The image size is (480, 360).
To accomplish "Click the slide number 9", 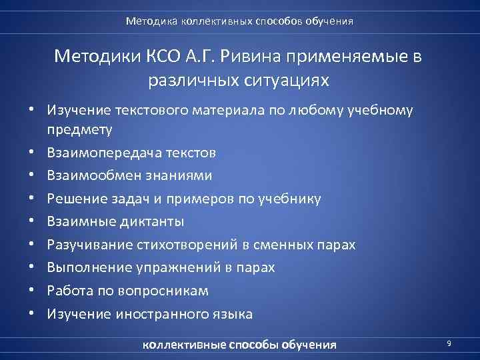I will click(x=449, y=343).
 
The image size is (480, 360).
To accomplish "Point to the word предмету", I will click(x=80, y=128).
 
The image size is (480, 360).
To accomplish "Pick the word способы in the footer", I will click(x=255, y=345).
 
